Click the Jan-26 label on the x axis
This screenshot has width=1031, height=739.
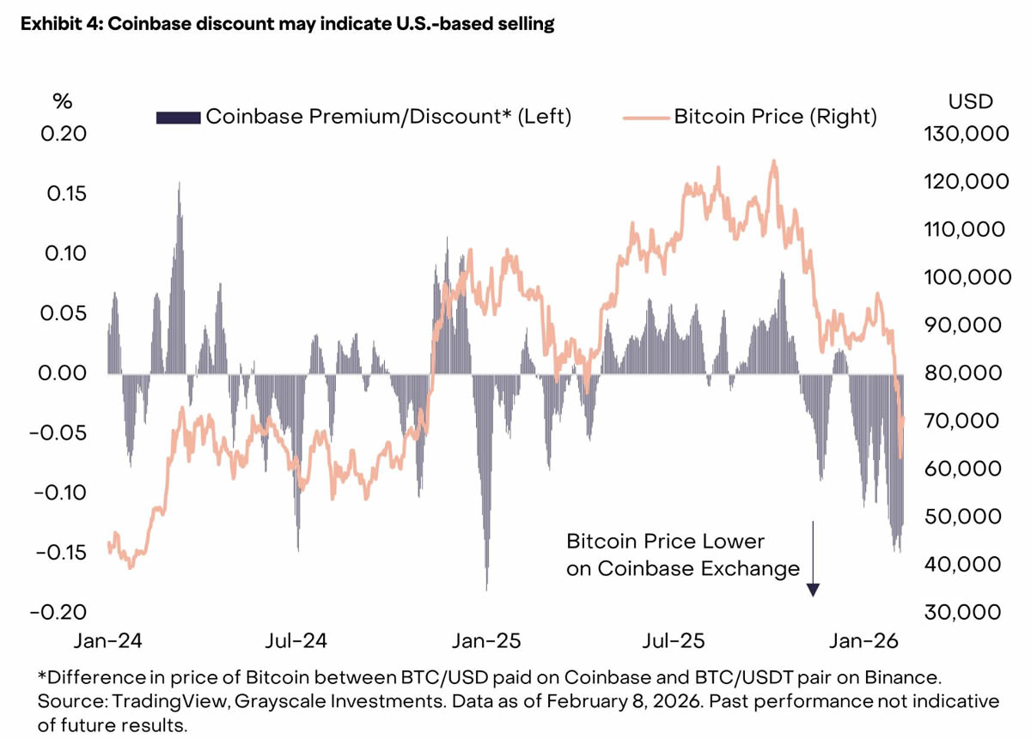[x=863, y=641]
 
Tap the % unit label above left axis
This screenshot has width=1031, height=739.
[x=62, y=101]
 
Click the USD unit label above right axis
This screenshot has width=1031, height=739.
[x=971, y=101]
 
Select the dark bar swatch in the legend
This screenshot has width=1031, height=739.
[x=177, y=117]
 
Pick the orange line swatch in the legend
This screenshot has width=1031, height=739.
[x=644, y=117]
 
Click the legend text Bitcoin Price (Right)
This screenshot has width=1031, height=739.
[x=775, y=117]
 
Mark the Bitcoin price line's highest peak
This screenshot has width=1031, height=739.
[x=774, y=161]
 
